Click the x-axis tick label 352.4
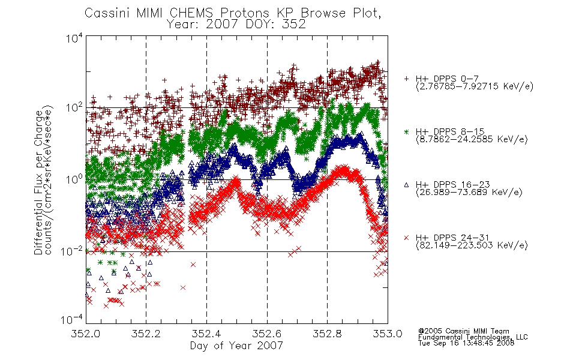point(206,334)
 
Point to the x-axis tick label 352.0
point(86,334)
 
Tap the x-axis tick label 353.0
point(388,334)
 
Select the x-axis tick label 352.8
point(327,334)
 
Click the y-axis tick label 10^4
point(74,38)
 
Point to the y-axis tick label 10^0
point(74,179)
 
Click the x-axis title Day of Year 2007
point(236,346)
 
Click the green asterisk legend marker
point(406,131)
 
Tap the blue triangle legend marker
point(406,185)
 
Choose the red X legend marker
point(406,238)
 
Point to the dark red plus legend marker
point(406,79)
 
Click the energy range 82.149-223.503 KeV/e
point(472,245)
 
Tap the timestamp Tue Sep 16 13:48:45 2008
point(466,343)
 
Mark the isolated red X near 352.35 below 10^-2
point(193,265)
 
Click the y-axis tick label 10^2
point(74,107)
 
